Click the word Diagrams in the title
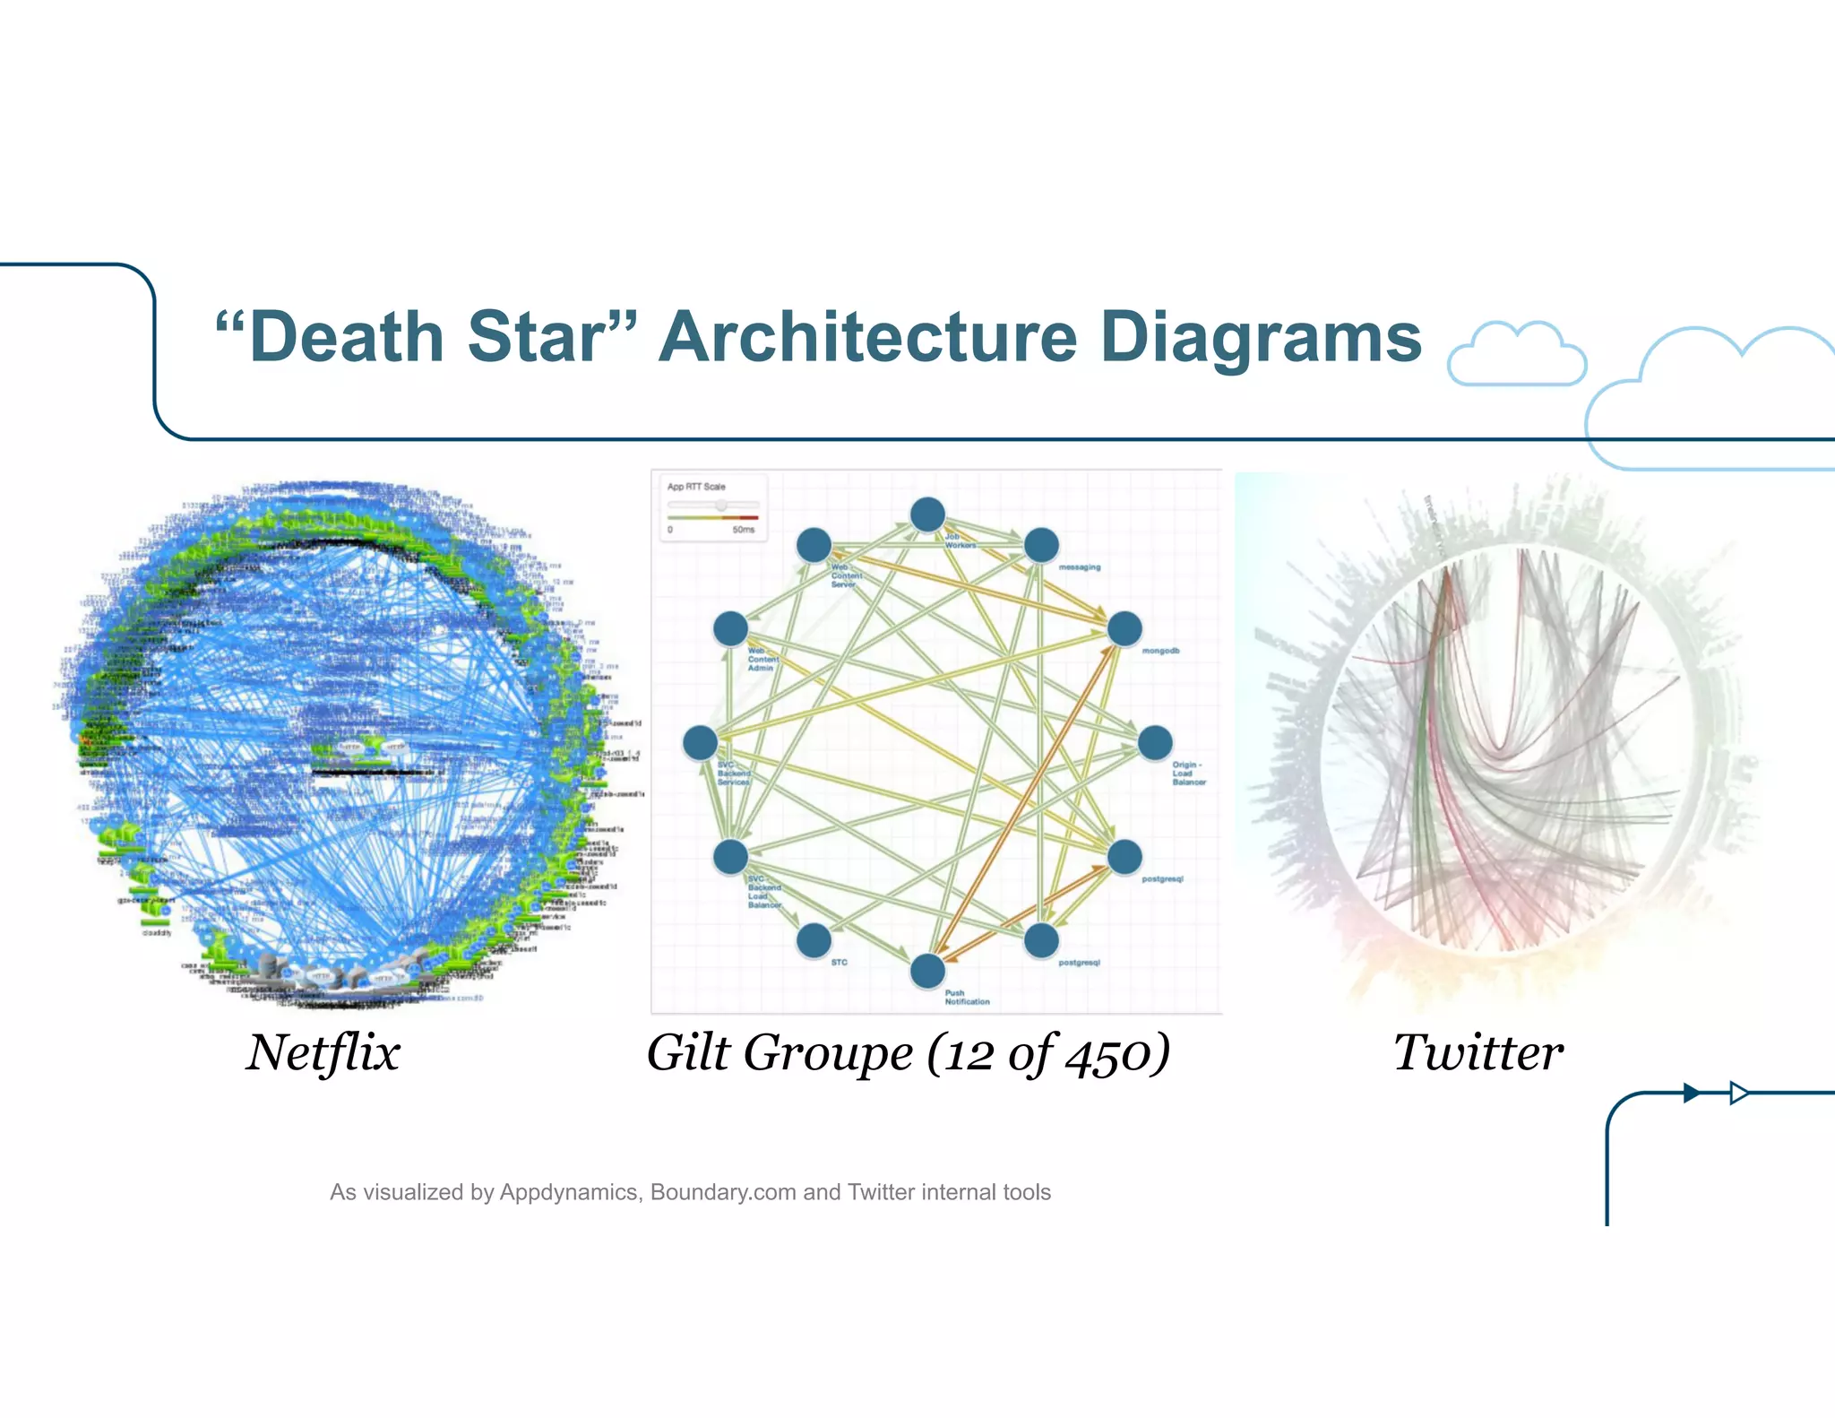point(1261,337)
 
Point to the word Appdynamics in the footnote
point(569,1192)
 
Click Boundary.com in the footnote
point(723,1192)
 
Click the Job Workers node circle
point(927,514)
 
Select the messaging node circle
point(1041,545)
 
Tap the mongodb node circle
point(1124,628)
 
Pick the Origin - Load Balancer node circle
point(1155,742)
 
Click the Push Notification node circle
point(927,971)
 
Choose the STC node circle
point(814,940)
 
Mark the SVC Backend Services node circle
point(700,742)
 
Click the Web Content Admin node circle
point(730,628)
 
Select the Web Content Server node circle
point(814,545)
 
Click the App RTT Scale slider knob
point(721,506)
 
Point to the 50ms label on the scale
point(743,530)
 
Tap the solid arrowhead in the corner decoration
point(1691,1093)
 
